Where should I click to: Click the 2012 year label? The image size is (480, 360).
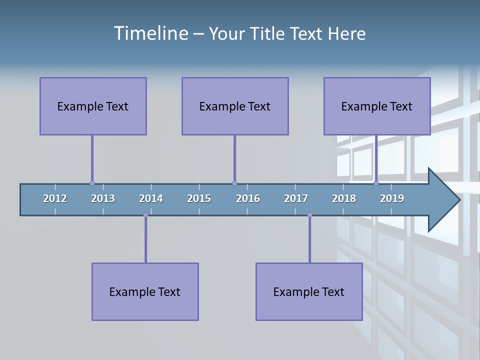pyautogui.click(x=55, y=198)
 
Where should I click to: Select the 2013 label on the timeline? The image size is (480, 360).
pyautogui.click(x=103, y=198)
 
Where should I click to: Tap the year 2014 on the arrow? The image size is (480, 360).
pyautogui.click(x=151, y=198)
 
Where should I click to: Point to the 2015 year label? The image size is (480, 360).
pyautogui.click(x=199, y=198)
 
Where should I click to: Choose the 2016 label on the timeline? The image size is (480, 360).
pyautogui.click(x=248, y=198)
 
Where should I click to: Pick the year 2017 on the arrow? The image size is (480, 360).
pyautogui.click(x=296, y=198)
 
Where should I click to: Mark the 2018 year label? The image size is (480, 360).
pyautogui.click(x=344, y=198)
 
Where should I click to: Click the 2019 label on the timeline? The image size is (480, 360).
pyautogui.click(x=392, y=198)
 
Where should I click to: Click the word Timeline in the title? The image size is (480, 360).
pyautogui.click(x=150, y=33)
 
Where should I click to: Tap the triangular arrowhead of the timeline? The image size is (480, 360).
pyautogui.click(x=442, y=200)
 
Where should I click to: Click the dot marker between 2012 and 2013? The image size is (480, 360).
pyautogui.click(x=92, y=183)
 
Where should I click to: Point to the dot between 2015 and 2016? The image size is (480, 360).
pyautogui.click(x=234, y=183)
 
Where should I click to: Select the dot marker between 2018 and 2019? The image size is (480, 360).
pyautogui.click(x=376, y=183)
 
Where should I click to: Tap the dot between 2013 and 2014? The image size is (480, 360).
pyautogui.click(x=145, y=215)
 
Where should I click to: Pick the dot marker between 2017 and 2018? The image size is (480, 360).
pyautogui.click(x=309, y=215)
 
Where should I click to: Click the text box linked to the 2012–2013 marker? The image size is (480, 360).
pyautogui.click(x=93, y=106)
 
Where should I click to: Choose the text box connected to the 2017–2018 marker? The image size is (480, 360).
pyautogui.click(x=309, y=291)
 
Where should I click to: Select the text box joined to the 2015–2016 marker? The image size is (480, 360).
pyautogui.click(x=235, y=106)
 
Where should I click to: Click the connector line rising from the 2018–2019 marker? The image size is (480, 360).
pyautogui.click(x=376, y=159)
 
